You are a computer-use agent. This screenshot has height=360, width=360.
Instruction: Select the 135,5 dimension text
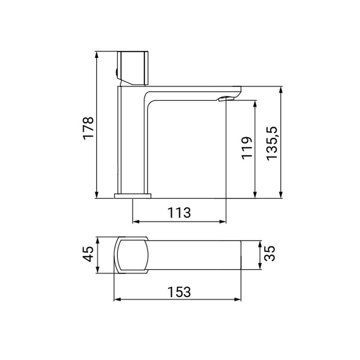click(x=272, y=143)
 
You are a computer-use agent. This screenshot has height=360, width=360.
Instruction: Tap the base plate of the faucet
click(x=133, y=195)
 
